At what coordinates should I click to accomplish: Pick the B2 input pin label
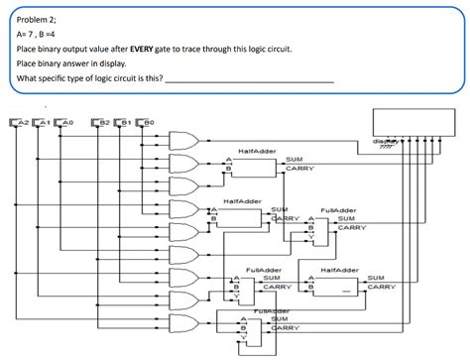click(102, 122)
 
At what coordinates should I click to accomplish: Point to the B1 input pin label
click(125, 122)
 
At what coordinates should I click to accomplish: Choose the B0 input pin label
click(148, 122)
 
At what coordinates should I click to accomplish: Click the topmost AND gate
click(184, 140)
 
